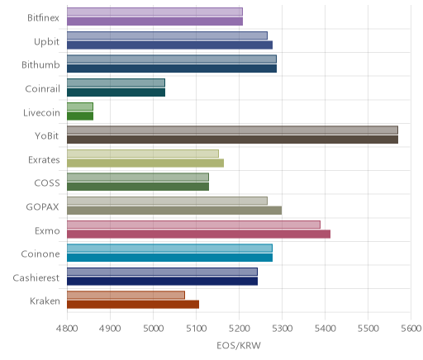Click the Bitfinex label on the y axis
pos(43,18)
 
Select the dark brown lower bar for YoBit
pos(232,140)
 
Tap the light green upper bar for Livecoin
pos(80,107)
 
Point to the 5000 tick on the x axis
pos(154,329)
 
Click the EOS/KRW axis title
pos(239,345)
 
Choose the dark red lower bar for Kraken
pos(133,305)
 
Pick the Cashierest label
pos(36,278)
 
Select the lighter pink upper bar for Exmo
pos(193,225)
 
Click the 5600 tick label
pos(411,329)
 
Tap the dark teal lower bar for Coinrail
pos(116,92)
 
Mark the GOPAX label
pos(42,207)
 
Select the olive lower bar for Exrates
pos(145,163)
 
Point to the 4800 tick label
pos(67,329)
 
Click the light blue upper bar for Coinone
pos(169,248)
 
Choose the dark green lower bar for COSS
pos(138,187)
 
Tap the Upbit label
pos(46,42)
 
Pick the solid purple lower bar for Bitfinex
pos(155,21)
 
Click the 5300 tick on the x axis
pos(282,329)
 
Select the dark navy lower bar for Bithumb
pos(172,69)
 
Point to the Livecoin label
pos(41,113)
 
